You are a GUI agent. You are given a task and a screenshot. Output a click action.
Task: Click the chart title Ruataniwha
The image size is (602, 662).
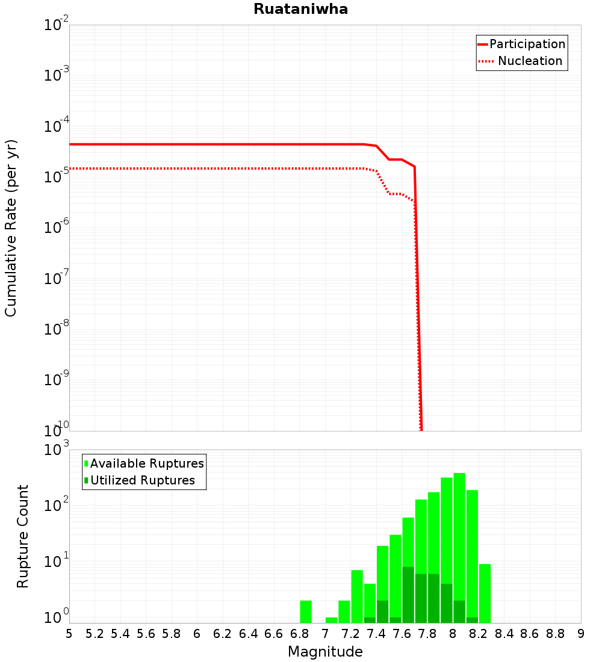tap(300, 9)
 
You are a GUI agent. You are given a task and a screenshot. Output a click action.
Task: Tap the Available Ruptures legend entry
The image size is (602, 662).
tap(147, 463)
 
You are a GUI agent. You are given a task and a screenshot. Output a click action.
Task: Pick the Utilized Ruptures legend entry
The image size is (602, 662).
tap(142, 480)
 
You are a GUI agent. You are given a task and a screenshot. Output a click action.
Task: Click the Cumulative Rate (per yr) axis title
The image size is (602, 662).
tap(11, 227)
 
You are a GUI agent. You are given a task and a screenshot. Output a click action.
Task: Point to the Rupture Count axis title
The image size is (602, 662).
tap(23, 536)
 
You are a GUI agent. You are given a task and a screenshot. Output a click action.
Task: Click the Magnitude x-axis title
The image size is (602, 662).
tap(325, 652)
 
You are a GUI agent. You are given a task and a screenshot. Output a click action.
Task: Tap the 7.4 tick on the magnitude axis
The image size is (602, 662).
tap(376, 634)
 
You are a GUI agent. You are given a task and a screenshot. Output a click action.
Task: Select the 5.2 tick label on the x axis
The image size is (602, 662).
tap(95, 634)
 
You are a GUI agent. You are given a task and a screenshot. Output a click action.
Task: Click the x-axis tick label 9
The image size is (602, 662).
tap(580, 634)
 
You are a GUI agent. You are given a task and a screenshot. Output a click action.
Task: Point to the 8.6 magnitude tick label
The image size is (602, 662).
tap(530, 634)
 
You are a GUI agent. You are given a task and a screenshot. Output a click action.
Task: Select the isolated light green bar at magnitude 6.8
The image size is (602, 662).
tap(306, 611)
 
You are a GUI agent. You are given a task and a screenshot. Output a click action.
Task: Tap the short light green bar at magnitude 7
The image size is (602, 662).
tap(331, 620)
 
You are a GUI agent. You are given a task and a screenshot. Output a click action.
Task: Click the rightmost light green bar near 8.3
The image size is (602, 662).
tap(485, 593)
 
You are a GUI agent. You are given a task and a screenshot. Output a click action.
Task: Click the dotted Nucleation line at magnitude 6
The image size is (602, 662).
tap(197, 169)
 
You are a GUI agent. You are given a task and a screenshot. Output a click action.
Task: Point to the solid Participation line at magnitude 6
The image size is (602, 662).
tap(197, 144)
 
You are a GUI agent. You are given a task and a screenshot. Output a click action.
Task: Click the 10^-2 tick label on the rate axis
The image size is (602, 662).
tap(56, 26)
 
